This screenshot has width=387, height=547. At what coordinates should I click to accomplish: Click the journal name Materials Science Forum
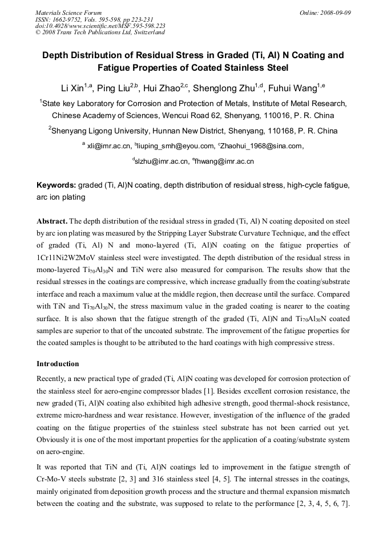click(68, 12)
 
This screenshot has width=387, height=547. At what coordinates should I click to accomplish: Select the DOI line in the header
click(100, 26)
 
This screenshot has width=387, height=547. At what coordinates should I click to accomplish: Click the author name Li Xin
click(72, 88)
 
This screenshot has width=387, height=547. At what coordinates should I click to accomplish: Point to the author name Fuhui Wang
click(293, 88)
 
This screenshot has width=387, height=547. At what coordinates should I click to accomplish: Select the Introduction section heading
click(58, 363)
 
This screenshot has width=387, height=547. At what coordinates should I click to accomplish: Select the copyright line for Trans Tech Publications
click(100, 33)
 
